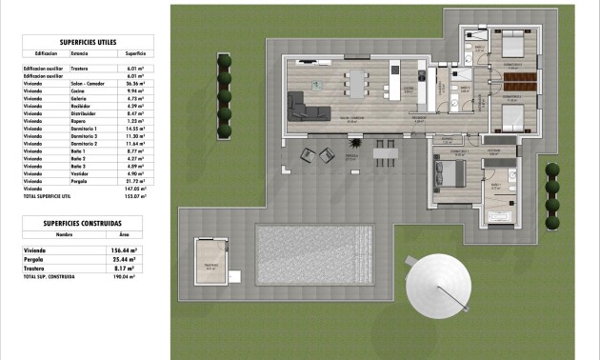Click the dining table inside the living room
pos(360,84)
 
